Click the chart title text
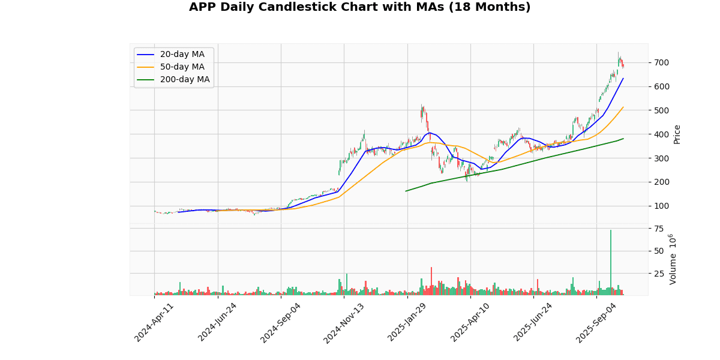point(359,7)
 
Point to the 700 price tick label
point(662,62)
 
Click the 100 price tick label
point(662,206)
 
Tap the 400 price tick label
point(662,134)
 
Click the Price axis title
point(677,134)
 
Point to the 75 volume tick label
point(659,229)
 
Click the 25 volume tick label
point(659,274)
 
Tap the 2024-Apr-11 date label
point(155,322)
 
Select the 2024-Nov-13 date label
point(344,322)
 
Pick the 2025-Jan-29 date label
point(408,322)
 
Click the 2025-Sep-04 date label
point(597,322)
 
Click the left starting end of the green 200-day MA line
point(406,191)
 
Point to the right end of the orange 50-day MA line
point(623,107)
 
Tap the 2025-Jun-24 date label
point(534,322)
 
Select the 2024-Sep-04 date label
point(281,322)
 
